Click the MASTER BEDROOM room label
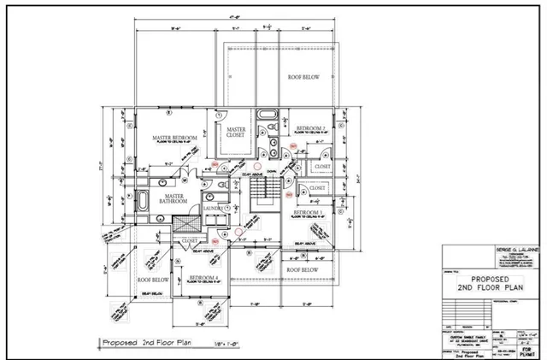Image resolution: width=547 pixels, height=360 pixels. click(174, 138)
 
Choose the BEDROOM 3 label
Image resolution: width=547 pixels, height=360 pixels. click(309, 210)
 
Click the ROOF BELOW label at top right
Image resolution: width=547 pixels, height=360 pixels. click(303, 76)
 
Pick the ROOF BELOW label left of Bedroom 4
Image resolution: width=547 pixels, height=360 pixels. click(154, 279)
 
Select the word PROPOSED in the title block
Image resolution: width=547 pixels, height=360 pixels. click(488, 279)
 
